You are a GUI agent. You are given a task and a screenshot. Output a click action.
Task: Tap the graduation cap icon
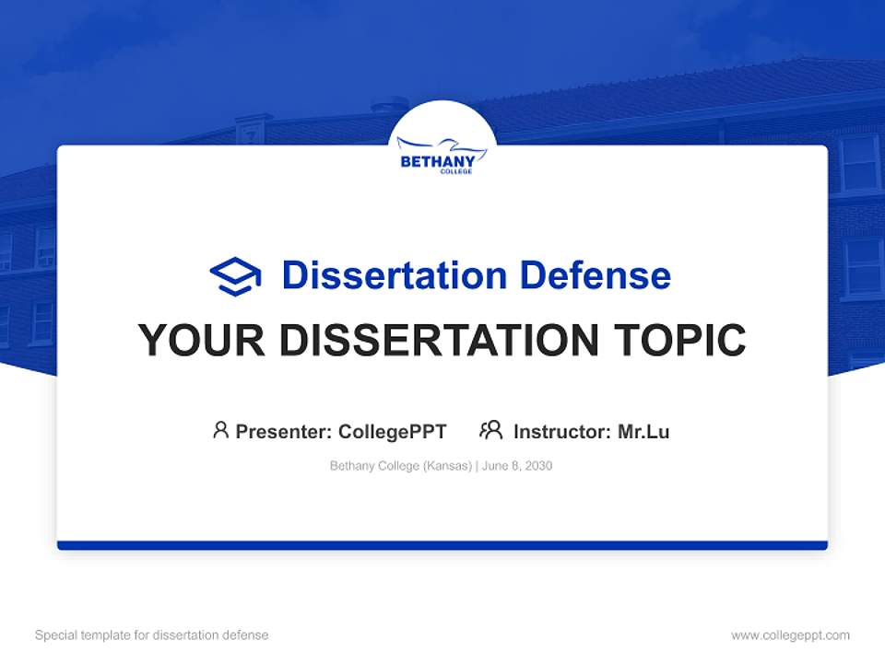click(235, 276)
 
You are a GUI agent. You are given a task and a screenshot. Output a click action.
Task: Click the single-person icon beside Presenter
click(220, 430)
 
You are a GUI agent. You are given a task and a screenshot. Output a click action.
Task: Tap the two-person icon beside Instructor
click(491, 430)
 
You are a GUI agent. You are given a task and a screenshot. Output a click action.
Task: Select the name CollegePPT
click(393, 432)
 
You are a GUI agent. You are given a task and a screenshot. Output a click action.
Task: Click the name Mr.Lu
click(643, 432)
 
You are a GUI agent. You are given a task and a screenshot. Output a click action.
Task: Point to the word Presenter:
click(284, 432)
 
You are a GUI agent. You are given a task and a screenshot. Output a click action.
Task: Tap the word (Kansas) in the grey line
click(448, 466)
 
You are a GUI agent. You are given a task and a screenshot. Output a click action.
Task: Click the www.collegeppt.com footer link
click(790, 635)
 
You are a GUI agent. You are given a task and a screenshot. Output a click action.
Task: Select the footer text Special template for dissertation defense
click(152, 635)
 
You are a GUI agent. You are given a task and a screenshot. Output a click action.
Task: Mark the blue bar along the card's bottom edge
click(442, 545)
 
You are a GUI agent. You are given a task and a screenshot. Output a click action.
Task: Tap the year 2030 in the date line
click(538, 466)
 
